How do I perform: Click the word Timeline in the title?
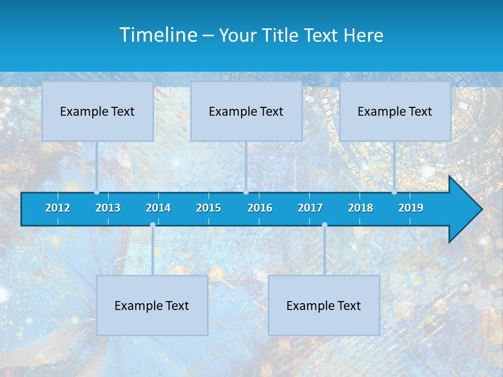point(158,35)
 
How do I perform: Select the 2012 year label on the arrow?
point(58,208)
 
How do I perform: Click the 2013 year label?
point(108,208)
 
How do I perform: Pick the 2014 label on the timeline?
point(158,208)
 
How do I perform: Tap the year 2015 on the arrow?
point(209,208)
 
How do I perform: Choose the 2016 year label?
point(260,208)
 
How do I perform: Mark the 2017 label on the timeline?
point(310,208)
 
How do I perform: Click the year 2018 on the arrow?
point(360,208)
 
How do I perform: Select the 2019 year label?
point(411,208)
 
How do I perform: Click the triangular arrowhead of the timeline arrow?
point(464,209)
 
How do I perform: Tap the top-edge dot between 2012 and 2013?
point(96,192)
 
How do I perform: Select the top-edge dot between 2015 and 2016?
point(246,192)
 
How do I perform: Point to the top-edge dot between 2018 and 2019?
point(394,192)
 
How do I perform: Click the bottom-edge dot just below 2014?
point(152,225)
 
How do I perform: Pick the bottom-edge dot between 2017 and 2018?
point(324,225)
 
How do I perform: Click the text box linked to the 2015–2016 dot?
point(246,111)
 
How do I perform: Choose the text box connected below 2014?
point(152,305)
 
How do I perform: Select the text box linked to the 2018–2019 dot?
point(395,111)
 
